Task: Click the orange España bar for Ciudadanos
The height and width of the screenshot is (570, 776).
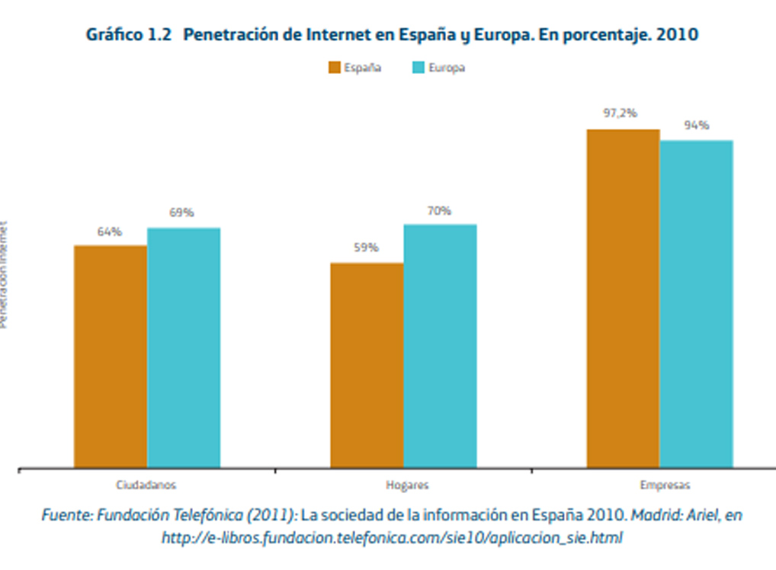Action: click(111, 356)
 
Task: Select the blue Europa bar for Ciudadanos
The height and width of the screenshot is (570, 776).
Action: click(184, 347)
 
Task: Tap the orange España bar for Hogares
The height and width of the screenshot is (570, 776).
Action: click(367, 365)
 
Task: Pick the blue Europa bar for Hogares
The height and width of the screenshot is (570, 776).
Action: click(440, 345)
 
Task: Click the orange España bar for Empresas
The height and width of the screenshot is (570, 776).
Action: click(623, 298)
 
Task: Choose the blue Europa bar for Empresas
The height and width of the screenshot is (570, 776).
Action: click(696, 303)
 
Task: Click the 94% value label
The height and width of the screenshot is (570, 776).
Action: click(696, 125)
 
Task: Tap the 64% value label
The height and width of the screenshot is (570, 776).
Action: click(109, 232)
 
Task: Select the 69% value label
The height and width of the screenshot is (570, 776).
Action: click(181, 213)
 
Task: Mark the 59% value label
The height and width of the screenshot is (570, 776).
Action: click(366, 248)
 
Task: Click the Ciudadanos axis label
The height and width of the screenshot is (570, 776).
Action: click(146, 485)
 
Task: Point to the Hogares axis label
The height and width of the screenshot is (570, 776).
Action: click(403, 485)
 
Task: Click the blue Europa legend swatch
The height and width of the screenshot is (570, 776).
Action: click(418, 68)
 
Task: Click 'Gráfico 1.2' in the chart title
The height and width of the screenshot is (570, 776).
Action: click(130, 35)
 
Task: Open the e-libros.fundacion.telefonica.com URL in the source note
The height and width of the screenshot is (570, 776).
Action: click(392, 538)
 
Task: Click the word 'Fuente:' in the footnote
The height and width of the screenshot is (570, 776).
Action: click(66, 516)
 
